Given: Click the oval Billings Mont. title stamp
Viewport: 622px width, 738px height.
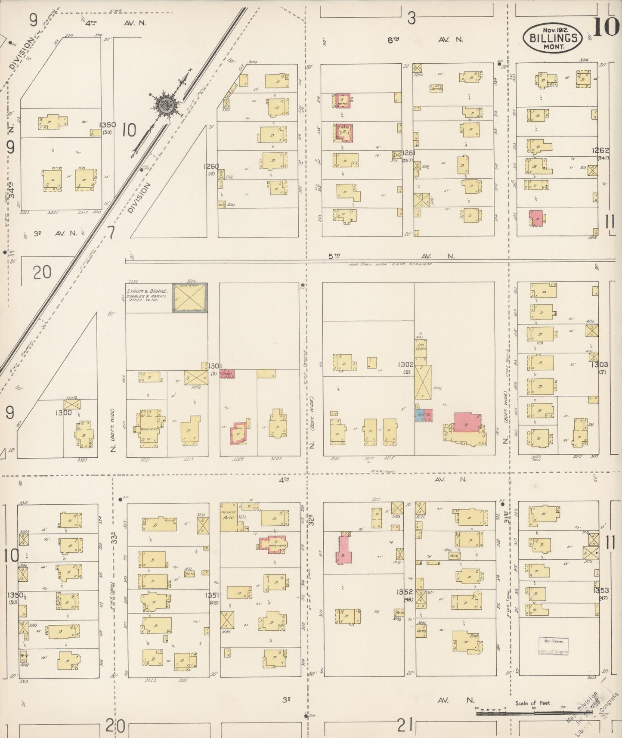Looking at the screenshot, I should coord(553,38).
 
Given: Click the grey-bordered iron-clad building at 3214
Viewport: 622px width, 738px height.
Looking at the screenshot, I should coord(190,298).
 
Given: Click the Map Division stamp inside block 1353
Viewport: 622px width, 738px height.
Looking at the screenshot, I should coord(553,646).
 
